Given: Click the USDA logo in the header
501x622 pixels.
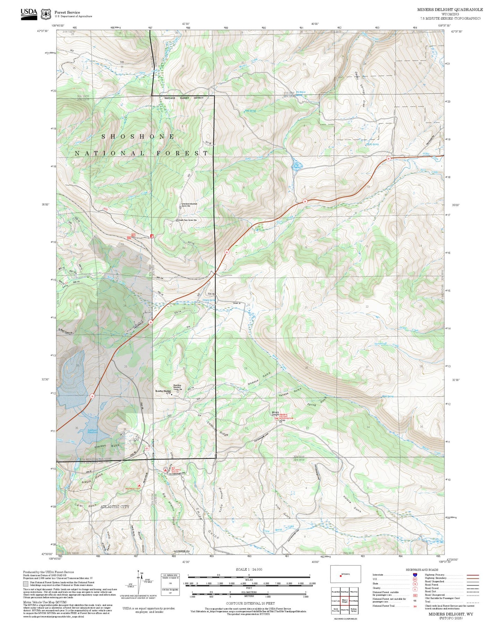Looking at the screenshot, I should (29, 14).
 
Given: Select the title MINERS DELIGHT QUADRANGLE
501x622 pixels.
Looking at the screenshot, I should (450, 10).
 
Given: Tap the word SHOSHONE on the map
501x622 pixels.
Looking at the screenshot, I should (138, 137).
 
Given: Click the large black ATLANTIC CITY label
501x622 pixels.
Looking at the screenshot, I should (115, 507).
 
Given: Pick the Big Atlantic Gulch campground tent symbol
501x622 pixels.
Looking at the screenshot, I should (165, 469).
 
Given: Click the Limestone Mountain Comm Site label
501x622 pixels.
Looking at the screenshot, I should (189, 205).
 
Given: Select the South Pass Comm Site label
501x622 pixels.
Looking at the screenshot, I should (188, 220).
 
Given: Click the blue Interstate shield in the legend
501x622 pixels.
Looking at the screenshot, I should (415, 574).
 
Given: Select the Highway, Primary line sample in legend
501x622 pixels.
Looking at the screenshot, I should (473, 575).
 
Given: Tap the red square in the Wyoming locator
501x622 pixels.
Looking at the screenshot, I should (341, 576).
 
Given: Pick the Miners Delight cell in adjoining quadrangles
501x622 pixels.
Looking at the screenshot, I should (345, 601).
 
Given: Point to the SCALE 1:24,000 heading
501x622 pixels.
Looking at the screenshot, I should (249, 569).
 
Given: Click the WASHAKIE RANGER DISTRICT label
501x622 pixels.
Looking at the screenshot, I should (184, 98).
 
